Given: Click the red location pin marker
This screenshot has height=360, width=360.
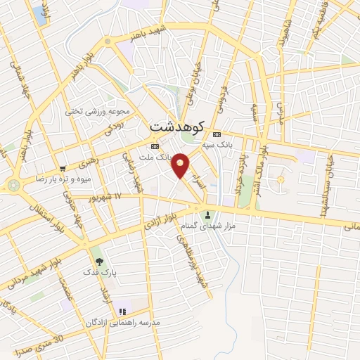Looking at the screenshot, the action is click(181, 165).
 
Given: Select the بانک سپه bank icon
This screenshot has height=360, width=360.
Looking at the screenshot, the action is click(217, 134).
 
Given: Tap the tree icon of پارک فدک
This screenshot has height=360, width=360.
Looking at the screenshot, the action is click(98, 262).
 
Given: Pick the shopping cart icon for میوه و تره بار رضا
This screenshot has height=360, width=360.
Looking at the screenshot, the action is click(63, 169).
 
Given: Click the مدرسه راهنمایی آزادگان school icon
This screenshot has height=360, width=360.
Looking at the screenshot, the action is click(123, 311).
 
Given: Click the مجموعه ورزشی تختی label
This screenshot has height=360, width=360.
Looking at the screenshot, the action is click(98, 111).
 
